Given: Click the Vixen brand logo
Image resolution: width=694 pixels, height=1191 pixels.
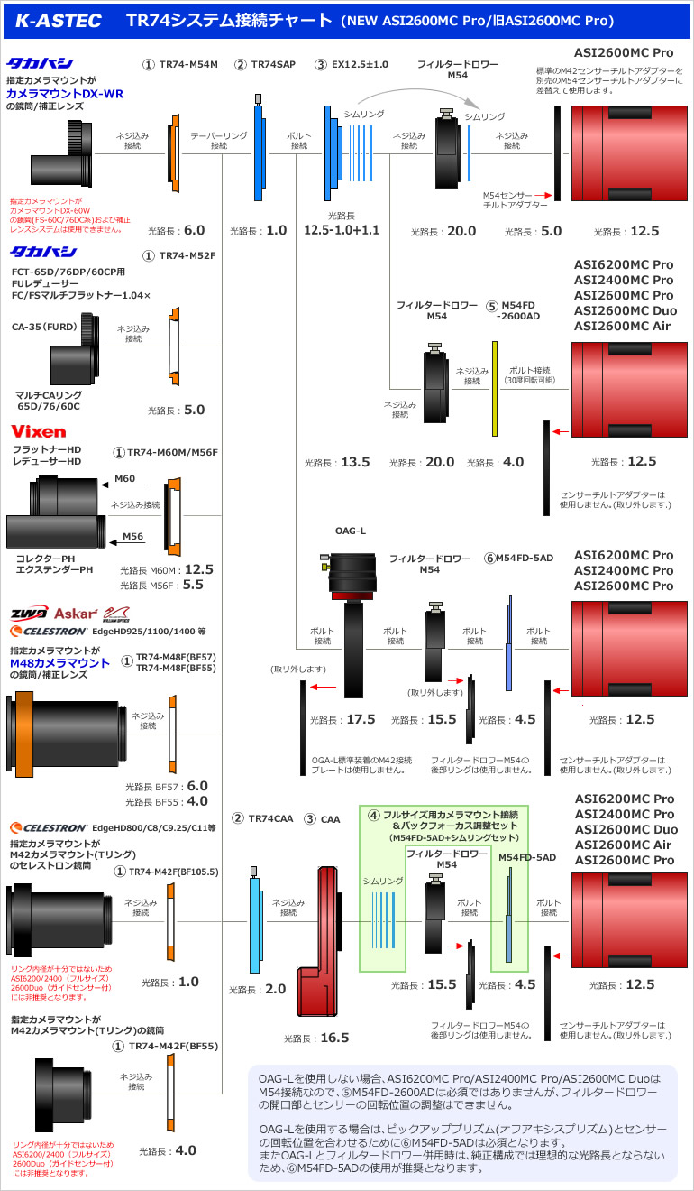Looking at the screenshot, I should point(39,431).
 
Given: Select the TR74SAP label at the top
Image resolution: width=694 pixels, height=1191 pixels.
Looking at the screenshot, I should point(271,64).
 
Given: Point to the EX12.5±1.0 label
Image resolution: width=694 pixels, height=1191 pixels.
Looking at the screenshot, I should point(359,64).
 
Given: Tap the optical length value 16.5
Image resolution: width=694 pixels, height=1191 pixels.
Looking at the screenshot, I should point(334,1038).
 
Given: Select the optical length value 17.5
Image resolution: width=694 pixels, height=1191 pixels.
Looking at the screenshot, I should point(361,720).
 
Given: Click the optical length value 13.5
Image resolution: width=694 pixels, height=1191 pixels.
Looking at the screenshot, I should point(355,462).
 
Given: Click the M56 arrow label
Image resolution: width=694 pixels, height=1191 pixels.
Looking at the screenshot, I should point(132,536).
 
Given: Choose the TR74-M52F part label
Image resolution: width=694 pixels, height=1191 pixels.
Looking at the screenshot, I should point(187,255).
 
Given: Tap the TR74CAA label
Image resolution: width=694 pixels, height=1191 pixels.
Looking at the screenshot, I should point(270,818).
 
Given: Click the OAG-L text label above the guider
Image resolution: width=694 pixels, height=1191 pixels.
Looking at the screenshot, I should point(351,531).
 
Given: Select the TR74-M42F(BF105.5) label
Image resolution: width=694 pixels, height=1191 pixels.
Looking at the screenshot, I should point(172,872).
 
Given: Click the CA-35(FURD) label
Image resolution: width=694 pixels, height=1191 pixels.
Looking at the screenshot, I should point(42,326).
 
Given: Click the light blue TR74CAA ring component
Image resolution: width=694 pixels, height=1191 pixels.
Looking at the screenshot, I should point(255,920).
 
